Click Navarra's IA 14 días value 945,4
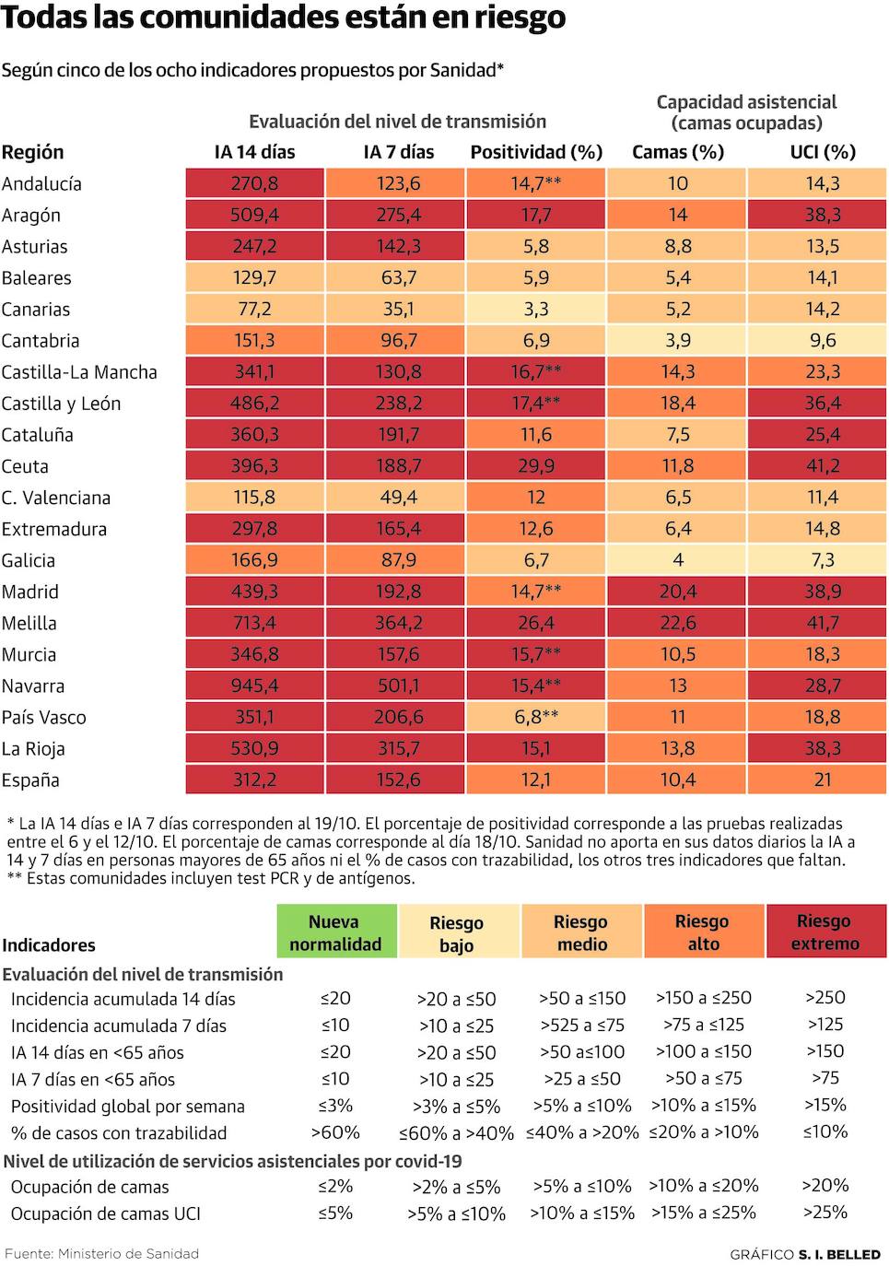tap(254, 686)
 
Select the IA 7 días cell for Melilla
tap(398, 623)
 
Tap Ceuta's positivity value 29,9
tap(536, 466)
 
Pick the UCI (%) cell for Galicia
tap(822, 560)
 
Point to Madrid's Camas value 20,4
tap(677, 592)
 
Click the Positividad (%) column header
tap(536, 152)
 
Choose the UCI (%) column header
tap(822, 152)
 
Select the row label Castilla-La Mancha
tap(79, 372)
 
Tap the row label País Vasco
tap(43, 717)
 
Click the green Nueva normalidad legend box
tap(336, 932)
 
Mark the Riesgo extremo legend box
tap(825, 932)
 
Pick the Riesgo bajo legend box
tap(457, 932)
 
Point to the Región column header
tap(33, 152)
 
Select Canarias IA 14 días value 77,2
tap(254, 310)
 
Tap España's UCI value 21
tap(822, 780)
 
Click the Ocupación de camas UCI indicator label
tap(105, 1213)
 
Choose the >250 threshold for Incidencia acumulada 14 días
tap(825, 997)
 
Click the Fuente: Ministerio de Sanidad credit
tap(101, 1253)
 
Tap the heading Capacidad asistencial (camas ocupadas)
tap(746, 112)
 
